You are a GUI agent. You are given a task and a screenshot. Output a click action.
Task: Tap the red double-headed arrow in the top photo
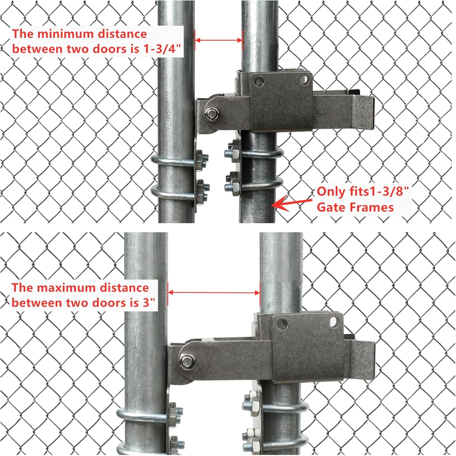pyautogui.click(x=218, y=40)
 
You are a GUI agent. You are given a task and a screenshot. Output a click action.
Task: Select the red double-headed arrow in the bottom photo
pyautogui.click(x=214, y=292)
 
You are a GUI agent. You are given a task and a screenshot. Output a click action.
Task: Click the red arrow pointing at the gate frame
pyautogui.click(x=292, y=203)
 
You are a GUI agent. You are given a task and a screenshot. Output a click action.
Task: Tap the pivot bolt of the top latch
pyautogui.click(x=211, y=114)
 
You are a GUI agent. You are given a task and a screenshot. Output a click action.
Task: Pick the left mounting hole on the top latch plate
pyautogui.click(x=259, y=81)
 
